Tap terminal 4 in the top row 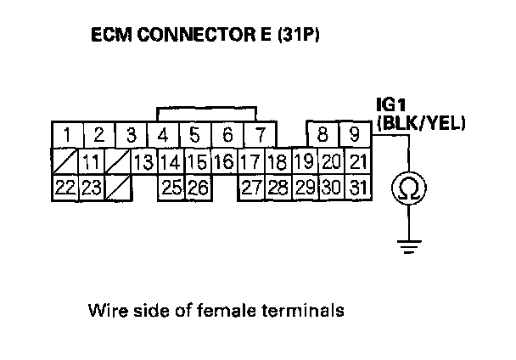tap(163, 134)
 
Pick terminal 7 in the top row tap(260, 134)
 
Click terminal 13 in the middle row tap(143, 161)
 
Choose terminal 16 tap(223, 161)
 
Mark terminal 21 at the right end tap(358, 161)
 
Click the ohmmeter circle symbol tap(408, 188)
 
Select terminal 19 tap(303, 161)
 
